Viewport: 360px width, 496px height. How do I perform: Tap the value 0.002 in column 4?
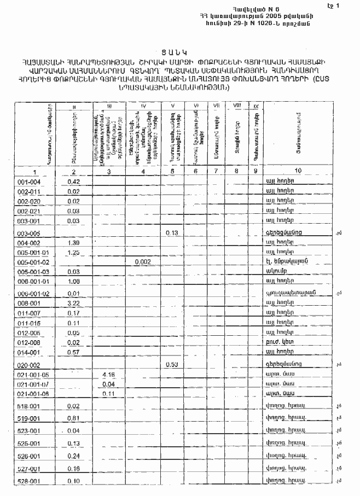point(141,262)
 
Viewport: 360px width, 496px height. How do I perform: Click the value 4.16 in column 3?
point(108,375)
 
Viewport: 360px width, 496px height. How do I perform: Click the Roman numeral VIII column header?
point(237,105)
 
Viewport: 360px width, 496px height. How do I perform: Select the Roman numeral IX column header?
point(256,106)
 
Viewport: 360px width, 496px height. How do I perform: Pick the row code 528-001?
point(28,481)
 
